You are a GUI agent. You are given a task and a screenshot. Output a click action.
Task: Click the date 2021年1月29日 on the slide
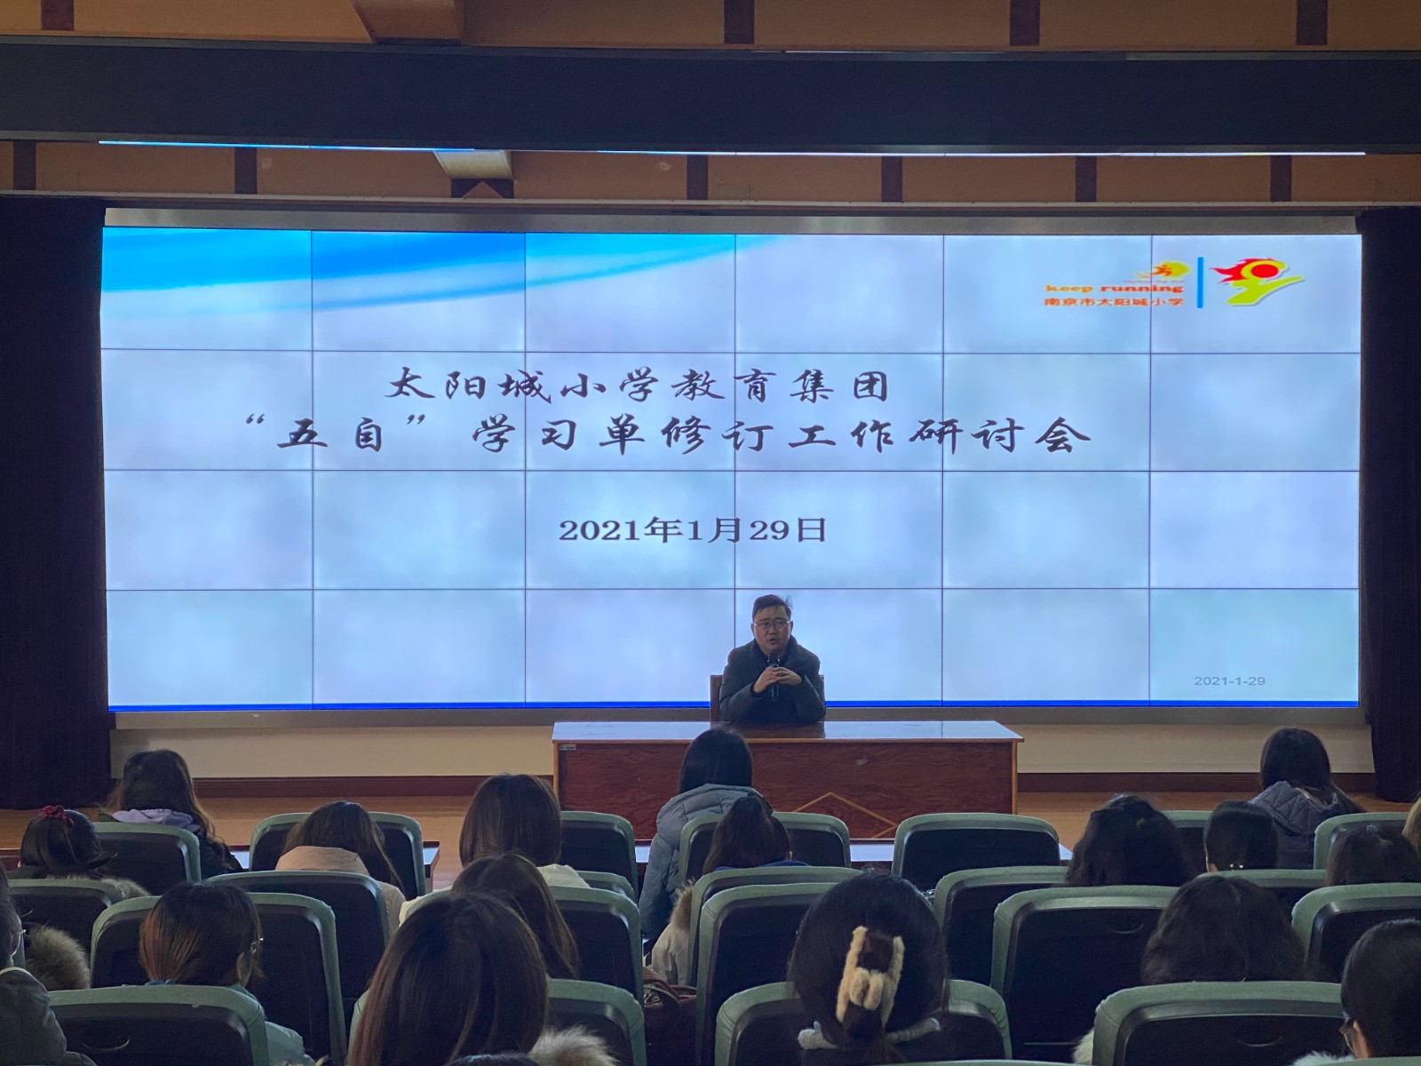click(x=692, y=530)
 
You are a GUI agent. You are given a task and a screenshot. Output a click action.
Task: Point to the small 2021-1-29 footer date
click(x=1229, y=680)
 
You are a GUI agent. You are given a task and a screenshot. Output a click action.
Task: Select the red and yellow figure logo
click(x=1256, y=281)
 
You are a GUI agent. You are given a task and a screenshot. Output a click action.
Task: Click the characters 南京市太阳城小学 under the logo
click(x=1114, y=302)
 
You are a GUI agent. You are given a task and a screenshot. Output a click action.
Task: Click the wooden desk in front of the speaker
click(x=786, y=769)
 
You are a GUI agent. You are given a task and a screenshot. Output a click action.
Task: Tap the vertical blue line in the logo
click(x=1200, y=282)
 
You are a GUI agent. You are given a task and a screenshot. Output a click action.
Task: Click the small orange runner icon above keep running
click(x=1165, y=272)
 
